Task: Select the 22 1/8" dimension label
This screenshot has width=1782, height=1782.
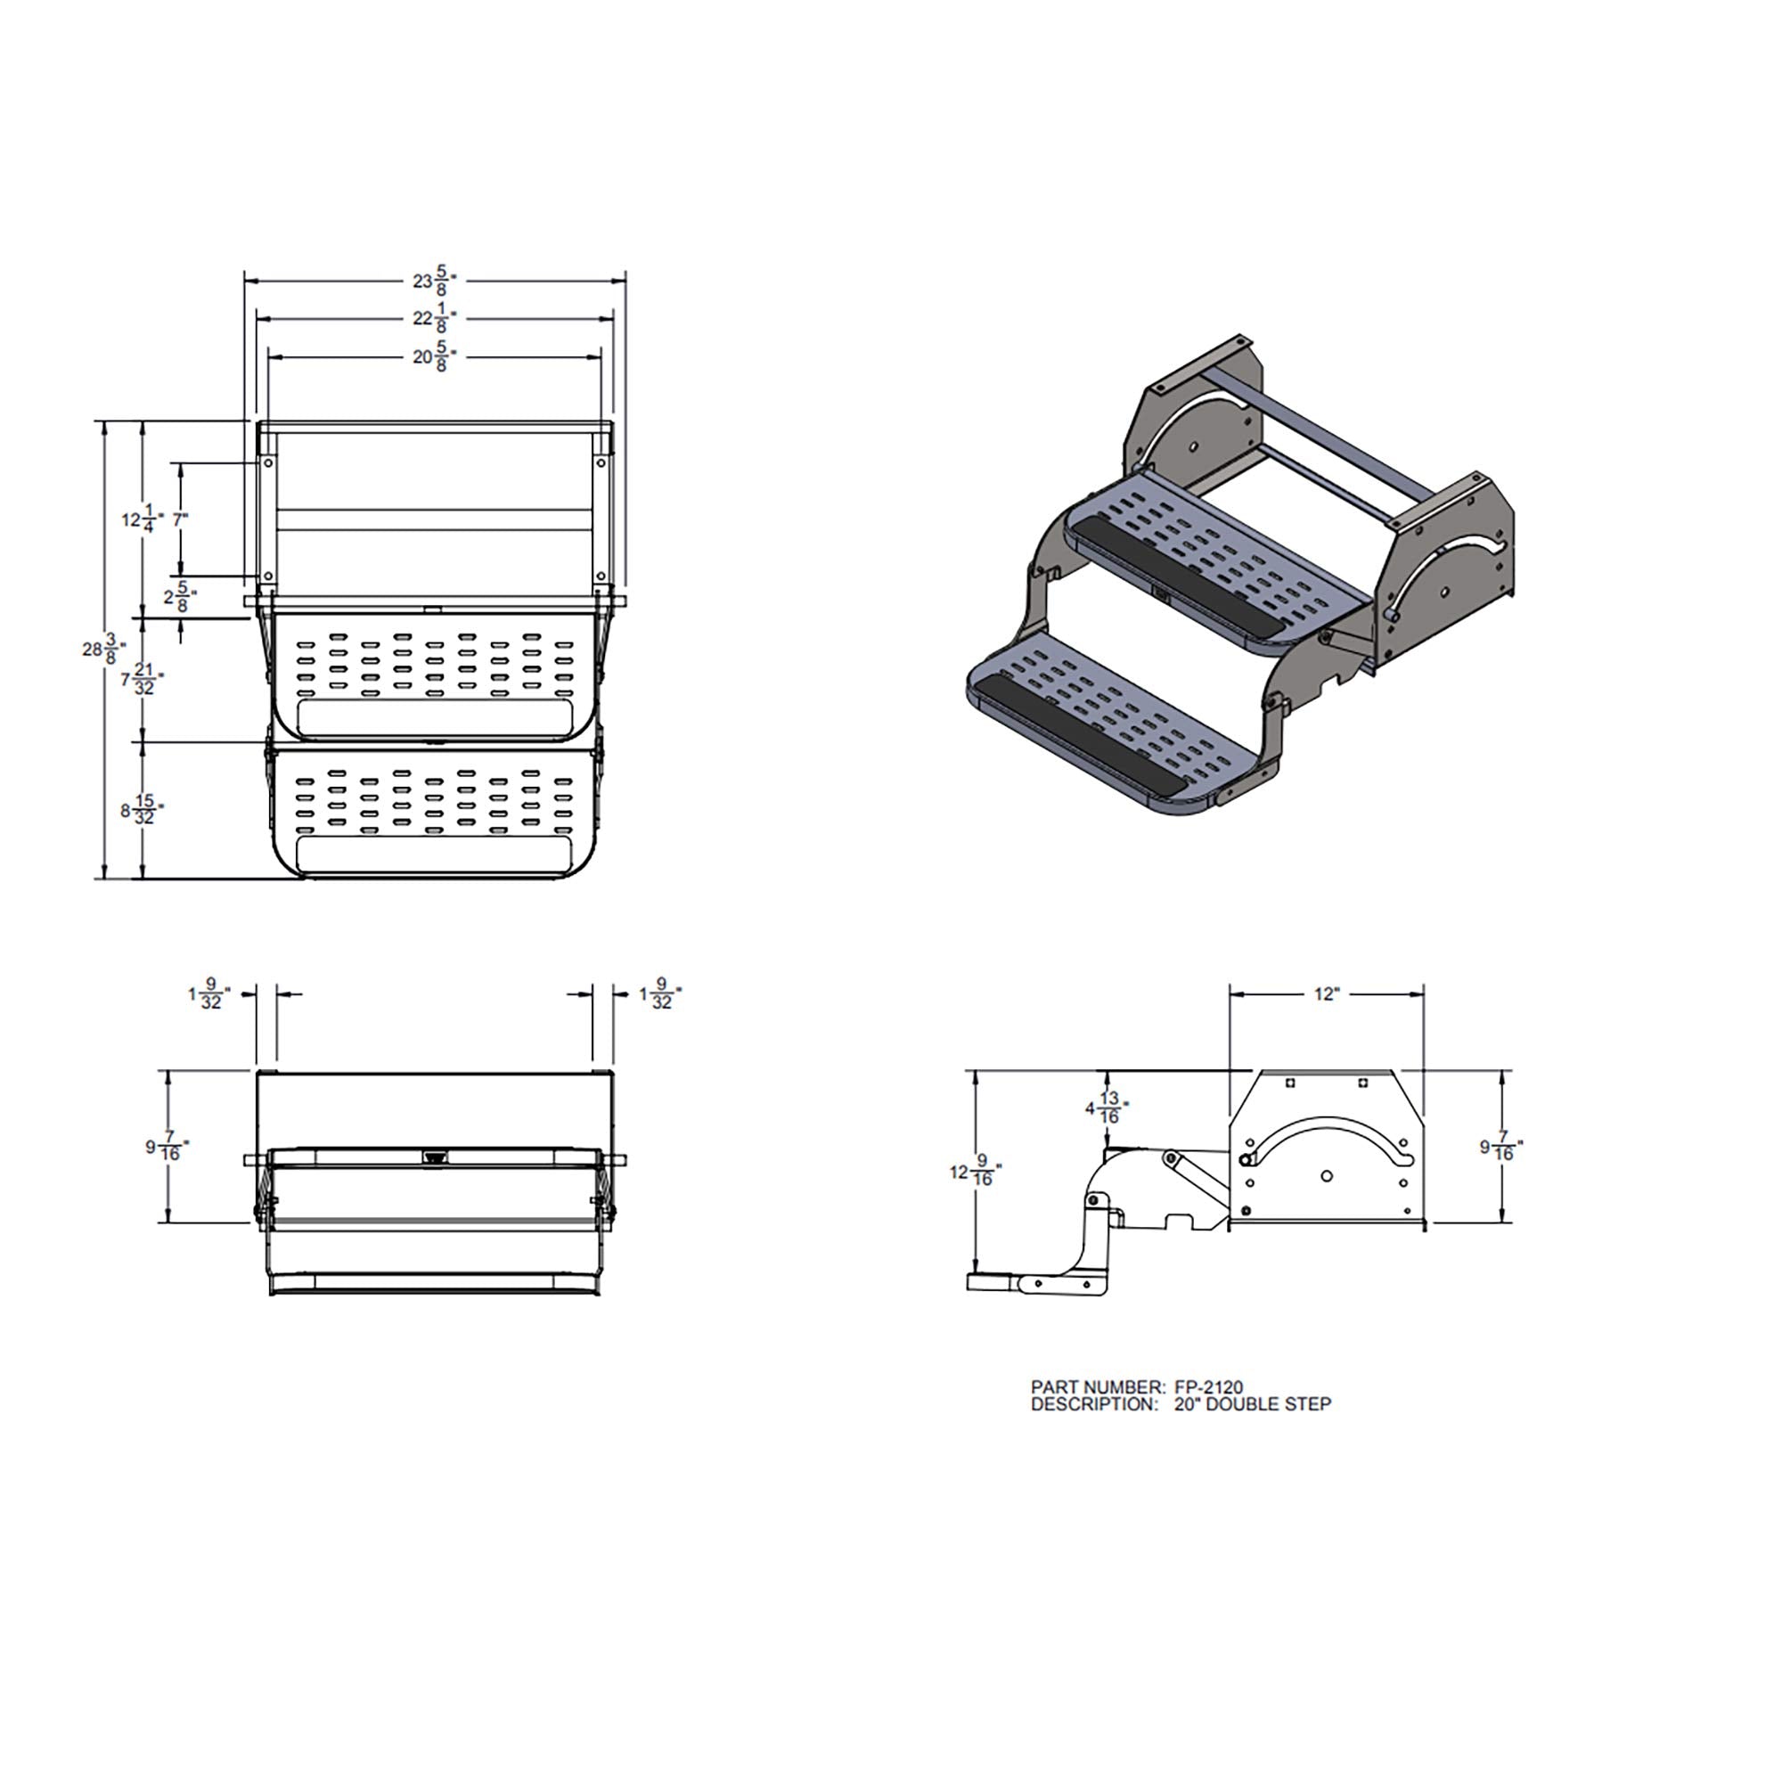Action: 435,319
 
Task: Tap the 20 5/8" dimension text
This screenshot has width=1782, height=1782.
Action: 435,357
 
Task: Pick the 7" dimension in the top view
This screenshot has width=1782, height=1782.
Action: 180,519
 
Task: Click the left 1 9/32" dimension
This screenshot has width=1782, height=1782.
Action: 208,994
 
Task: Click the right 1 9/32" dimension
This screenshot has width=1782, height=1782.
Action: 659,994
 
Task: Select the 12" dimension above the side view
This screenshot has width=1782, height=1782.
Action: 1326,994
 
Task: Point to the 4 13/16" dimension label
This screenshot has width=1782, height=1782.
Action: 1106,1108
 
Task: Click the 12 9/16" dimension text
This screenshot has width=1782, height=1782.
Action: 975,1173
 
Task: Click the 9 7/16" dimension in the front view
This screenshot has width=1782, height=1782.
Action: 167,1148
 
